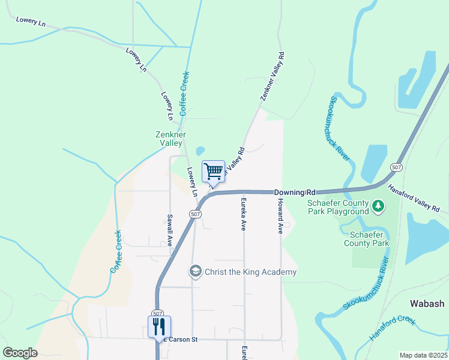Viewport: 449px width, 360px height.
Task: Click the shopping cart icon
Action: (x=214, y=172)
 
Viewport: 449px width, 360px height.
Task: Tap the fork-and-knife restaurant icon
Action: (x=159, y=327)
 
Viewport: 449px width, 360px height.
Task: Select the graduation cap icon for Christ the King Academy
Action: (x=195, y=272)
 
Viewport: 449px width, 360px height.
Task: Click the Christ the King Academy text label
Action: (x=250, y=272)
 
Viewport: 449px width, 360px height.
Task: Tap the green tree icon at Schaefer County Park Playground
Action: (x=378, y=207)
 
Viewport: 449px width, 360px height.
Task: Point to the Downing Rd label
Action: (x=295, y=193)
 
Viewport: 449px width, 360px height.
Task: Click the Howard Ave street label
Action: (x=280, y=215)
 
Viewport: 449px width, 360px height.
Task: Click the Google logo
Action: (x=20, y=353)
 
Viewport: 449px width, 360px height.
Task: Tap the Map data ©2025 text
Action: (x=423, y=355)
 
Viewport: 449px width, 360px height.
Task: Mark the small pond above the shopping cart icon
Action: (x=200, y=151)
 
